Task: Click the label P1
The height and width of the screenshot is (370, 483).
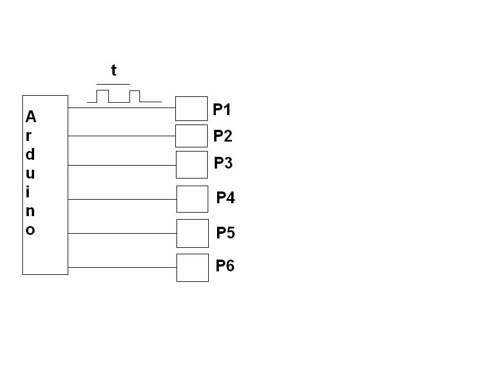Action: [222, 109]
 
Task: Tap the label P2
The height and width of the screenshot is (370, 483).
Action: [222, 136]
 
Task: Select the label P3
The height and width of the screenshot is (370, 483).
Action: [223, 163]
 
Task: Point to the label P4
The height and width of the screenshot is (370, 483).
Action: [225, 197]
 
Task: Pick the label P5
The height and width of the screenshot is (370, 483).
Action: [225, 233]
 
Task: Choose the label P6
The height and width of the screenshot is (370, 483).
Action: [225, 265]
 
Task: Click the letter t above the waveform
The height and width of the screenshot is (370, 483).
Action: [114, 70]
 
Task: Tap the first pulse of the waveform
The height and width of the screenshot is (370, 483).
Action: [102, 90]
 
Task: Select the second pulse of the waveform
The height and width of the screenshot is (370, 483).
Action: [135, 91]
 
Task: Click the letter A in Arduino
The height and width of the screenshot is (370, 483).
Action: [31, 117]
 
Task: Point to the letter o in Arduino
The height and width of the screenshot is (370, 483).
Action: [30, 230]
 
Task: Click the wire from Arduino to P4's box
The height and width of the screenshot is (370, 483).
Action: [122, 199]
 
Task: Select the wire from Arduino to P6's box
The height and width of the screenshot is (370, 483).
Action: [122, 268]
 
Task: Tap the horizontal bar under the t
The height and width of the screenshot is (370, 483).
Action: [113, 84]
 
